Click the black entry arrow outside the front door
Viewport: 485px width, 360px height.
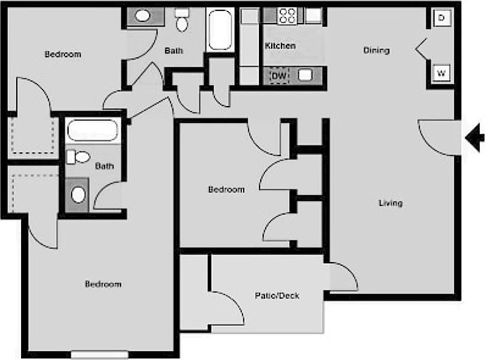pyautogui.click(x=475, y=137)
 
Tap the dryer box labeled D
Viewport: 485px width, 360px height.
pyautogui.click(x=441, y=18)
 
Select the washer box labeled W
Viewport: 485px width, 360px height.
pyautogui.click(x=441, y=73)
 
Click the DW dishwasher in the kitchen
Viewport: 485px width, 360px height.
pyautogui.click(x=279, y=76)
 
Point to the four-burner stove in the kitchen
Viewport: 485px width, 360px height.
pyautogui.click(x=287, y=16)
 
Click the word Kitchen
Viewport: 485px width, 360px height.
pyautogui.click(x=280, y=46)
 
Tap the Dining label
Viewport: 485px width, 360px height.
pyautogui.click(x=376, y=50)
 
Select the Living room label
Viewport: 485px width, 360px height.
pyautogui.click(x=390, y=203)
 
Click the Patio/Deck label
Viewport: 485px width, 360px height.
pyautogui.click(x=277, y=296)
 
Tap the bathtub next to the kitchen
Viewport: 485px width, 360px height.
pyautogui.click(x=220, y=30)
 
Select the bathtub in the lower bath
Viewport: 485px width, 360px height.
pyautogui.click(x=92, y=130)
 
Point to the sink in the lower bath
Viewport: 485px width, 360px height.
pyautogui.click(x=78, y=195)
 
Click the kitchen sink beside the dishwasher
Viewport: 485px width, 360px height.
pyautogui.click(x=305, y=75)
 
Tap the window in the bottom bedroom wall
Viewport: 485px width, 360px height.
pyautogui.click(x=100, y=355)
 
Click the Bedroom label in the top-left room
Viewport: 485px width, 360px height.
pyautogui.click(x=63, y=54)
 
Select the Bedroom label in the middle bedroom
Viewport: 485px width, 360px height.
pyautogui.click(x=226, y=190)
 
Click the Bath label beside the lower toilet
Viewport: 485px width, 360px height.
pyautogui.click(x=104, y=166)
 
